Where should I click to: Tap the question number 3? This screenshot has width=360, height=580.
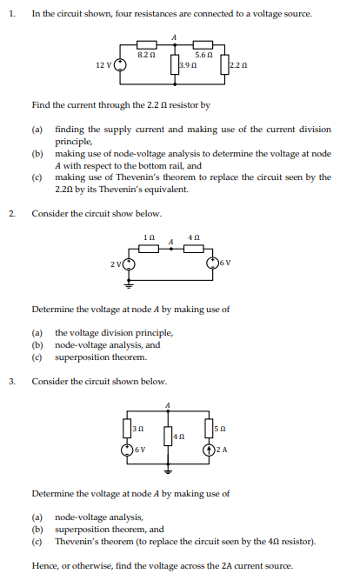point(12,381)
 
